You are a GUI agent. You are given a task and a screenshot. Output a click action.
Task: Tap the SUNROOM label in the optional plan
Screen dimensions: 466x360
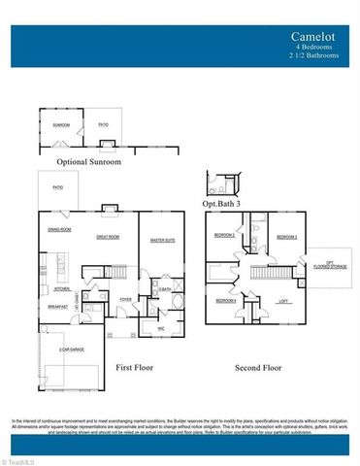[61, 124]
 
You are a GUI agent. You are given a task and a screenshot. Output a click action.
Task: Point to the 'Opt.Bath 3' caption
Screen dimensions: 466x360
[220, 205]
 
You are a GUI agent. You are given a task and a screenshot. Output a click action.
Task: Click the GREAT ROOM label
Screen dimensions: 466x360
[108, 236]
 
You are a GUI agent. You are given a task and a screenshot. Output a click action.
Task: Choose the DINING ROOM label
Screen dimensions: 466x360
[59, 229]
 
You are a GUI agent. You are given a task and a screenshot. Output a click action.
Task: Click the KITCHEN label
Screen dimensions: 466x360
[61, 288]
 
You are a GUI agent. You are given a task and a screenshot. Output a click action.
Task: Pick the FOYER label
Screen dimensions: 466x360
[126, 300]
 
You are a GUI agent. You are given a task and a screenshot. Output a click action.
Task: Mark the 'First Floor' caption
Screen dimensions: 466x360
[137, 369]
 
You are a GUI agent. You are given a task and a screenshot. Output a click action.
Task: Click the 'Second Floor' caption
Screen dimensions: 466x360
[259, 369]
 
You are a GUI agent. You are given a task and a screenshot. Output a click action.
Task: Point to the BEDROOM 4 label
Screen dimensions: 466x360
[225, 300]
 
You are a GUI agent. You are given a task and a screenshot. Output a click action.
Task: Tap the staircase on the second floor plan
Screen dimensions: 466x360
[264, 274]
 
